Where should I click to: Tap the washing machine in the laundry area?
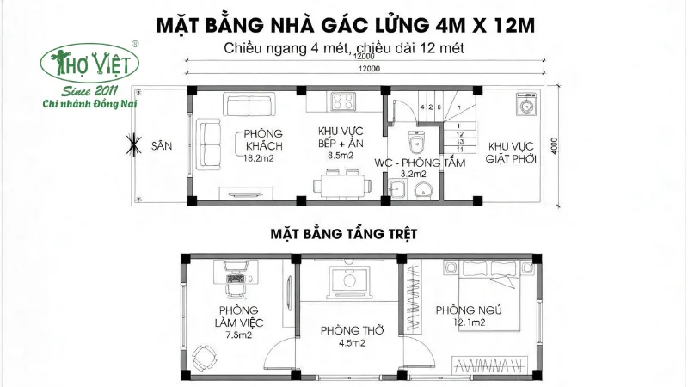(525, 107)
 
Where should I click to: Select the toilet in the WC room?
(416, 139)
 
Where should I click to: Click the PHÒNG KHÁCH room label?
(263, 139)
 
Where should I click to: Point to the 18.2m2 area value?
(258, 158)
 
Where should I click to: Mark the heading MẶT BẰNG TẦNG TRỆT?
(344, 234)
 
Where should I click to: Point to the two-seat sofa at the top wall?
(249, 105)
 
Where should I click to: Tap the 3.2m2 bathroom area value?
(414, 174)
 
